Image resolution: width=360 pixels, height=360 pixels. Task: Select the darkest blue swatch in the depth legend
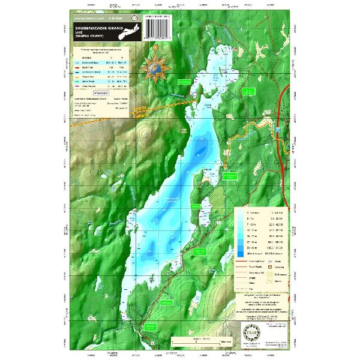[239, 255]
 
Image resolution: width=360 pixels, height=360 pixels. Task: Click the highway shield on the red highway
[281, 127]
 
